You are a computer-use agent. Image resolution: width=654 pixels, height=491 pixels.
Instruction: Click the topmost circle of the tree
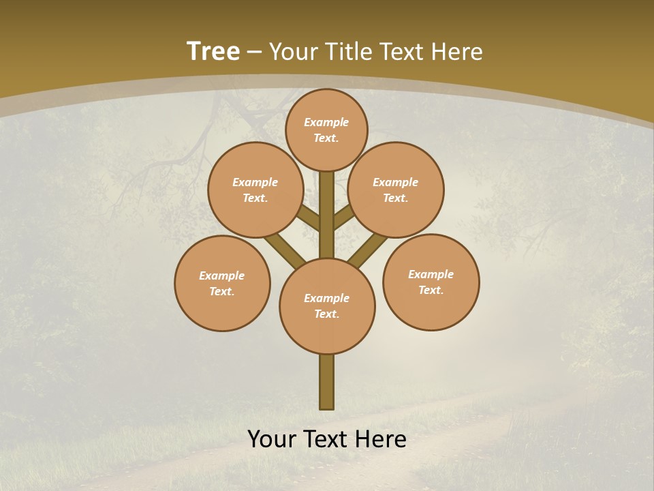pos(326,130)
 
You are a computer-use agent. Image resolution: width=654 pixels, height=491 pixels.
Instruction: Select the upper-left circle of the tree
pos(255,190)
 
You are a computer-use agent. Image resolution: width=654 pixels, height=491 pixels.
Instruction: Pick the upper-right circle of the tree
pos(396,190)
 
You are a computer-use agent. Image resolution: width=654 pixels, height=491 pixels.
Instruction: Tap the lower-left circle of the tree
pos(222,283)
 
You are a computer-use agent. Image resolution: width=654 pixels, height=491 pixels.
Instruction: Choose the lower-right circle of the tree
pos(431,282)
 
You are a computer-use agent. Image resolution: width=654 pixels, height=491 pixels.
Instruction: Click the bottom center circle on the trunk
pos(327,306)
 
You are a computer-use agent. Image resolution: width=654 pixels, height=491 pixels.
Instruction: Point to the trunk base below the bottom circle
pos(327,382)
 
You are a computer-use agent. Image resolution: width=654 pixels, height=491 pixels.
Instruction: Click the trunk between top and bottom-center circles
pos(327,215)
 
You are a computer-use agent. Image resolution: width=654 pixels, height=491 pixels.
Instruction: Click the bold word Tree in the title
pos(213,52)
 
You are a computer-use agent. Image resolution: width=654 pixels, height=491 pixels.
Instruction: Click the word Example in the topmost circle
pos(326,122)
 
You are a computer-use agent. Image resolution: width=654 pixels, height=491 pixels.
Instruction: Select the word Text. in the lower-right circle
pos(431,290)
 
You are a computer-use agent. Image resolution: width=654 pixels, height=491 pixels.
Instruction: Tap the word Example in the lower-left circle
pos(222,276)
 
